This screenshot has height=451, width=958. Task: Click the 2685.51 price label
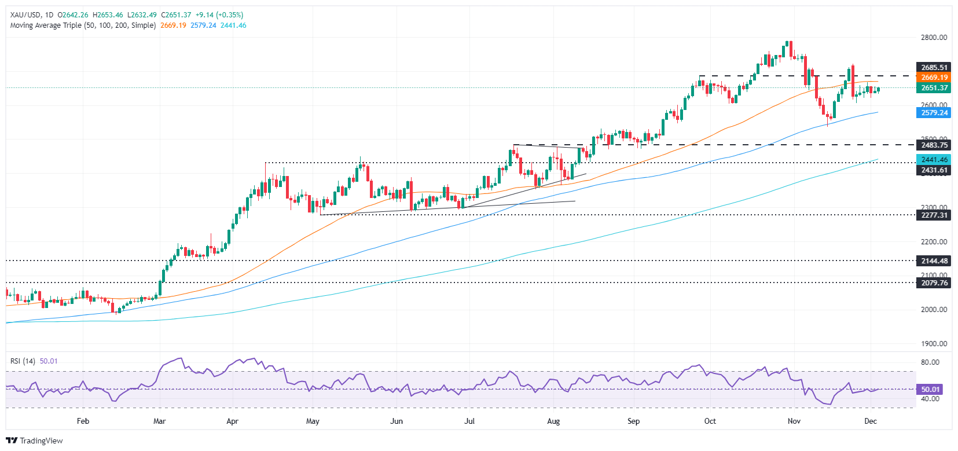(x=934, y=67)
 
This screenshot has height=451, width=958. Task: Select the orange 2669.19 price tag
(x=934, y=77)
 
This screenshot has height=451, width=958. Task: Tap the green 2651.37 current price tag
(x=934, y=88)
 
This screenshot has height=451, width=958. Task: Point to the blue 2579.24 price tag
(x=934, y=113)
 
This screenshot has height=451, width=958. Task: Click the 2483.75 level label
(x=934, y=145)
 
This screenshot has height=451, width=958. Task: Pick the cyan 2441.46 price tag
(x=934, y=160)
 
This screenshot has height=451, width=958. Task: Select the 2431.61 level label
(x=934, y=170)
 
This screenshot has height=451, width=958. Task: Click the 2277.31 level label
(x=934, y=215)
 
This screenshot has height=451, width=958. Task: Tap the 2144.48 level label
(x=934, y=261)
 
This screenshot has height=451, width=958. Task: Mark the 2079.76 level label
(x=934, y=283)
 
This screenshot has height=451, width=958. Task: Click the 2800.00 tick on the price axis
(x=934, y=38)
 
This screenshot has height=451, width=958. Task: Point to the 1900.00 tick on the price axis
(x=934, y=344)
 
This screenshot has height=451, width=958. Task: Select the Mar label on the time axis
(x=159, y=421)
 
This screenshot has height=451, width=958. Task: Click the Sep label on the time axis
(x=633, y=421)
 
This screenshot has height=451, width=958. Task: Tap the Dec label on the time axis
(x=871, y=421)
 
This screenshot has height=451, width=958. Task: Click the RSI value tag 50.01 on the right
(x=930, y=390)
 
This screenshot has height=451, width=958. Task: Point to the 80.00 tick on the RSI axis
(x=930, y=362)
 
